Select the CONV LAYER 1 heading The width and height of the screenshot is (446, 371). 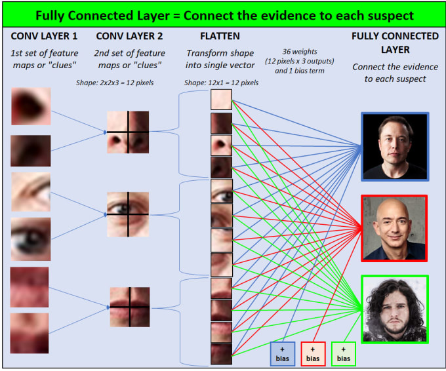pos(44,36)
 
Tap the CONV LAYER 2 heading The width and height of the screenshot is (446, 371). pos(129,36)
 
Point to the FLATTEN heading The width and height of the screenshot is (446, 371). pos(220,36)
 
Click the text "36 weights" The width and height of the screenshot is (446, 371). pos(300,52)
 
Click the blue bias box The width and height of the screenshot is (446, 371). pos(283,354)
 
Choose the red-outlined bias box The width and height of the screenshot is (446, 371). pos(313,354)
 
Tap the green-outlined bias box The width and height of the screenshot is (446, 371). pos(344,354)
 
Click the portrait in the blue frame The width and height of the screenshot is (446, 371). pos(395,147)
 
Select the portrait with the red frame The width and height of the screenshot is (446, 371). pos(394,228)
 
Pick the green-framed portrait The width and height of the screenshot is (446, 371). pos(395,309)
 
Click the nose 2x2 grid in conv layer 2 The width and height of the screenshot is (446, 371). pos(128,132)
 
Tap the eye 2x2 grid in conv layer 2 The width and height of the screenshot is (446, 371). pos(128,214)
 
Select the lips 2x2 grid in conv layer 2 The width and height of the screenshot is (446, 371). pos(130,307)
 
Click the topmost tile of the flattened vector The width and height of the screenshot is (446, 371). pos(221,100)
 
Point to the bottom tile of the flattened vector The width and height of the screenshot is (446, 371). pos(221,354)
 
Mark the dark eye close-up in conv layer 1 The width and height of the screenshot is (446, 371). pos(31,239)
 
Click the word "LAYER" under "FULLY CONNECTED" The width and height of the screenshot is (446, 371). pos(395,50)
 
